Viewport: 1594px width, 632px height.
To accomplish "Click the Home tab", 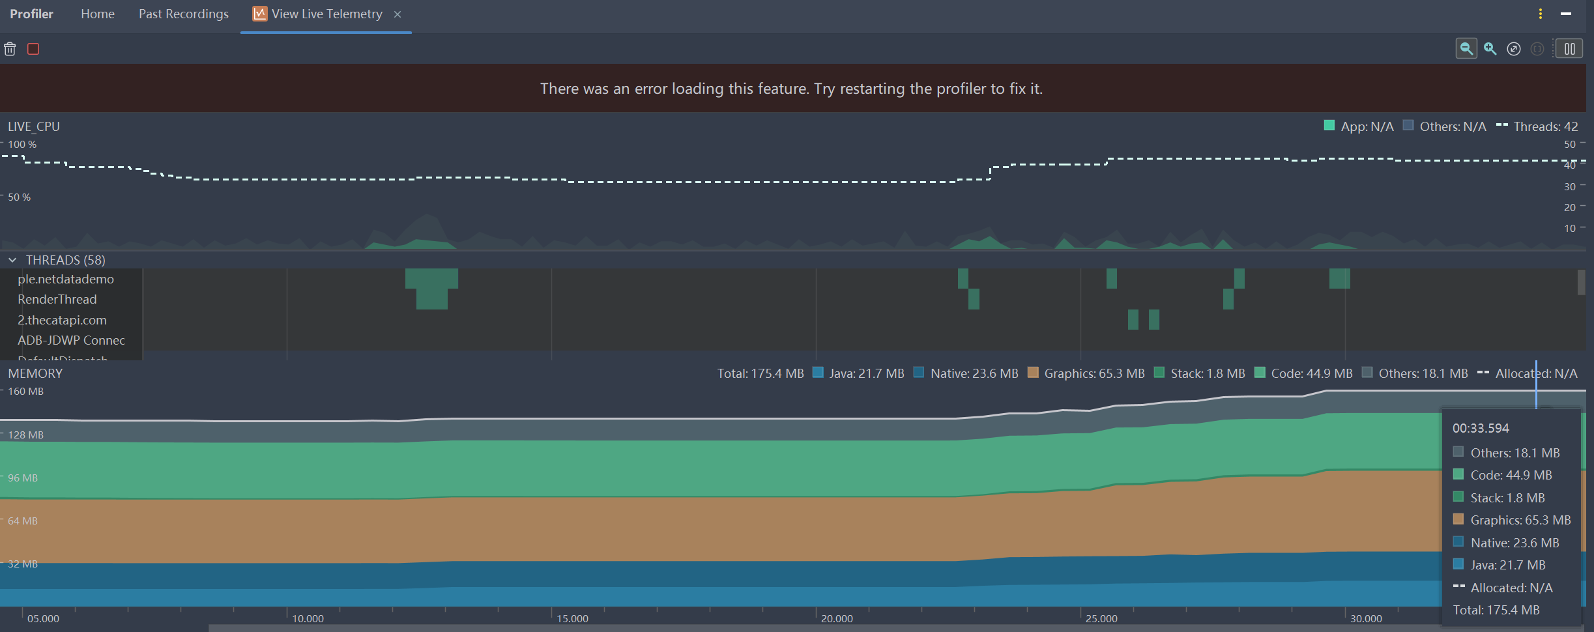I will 98,14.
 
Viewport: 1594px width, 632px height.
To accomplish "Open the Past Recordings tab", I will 183,14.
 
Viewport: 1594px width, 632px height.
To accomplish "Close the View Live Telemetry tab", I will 398,14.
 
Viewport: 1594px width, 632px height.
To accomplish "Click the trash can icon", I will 10,49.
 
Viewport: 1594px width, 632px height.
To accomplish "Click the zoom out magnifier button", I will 1466,49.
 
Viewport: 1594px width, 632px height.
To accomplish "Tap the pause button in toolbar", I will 1569,49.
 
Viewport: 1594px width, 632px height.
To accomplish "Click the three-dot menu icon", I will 1541,14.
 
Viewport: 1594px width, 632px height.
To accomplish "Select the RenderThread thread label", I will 57,299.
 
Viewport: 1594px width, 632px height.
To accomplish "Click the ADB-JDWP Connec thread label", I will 71,340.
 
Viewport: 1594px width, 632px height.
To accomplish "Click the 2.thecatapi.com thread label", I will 62,320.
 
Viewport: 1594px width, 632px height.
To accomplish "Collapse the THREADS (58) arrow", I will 12,260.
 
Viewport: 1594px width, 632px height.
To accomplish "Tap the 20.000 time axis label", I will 837,618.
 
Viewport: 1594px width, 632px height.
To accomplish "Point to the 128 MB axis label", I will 25,435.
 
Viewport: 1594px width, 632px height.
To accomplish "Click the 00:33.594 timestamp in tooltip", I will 1481,428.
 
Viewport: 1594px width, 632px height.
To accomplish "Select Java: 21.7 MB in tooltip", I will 1507,565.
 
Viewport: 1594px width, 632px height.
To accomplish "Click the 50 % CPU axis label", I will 19,197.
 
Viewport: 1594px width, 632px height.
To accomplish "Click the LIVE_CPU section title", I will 34,126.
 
